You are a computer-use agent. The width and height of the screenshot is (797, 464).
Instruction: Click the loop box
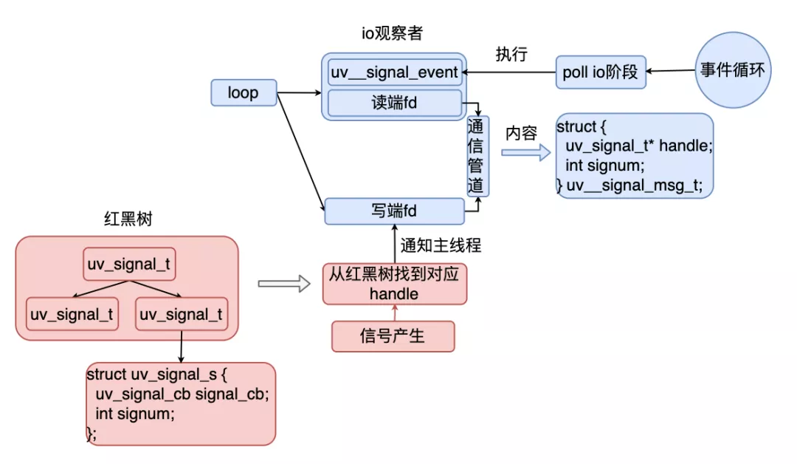244,92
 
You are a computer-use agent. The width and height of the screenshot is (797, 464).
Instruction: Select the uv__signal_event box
394,72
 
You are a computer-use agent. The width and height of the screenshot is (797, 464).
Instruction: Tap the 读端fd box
394,103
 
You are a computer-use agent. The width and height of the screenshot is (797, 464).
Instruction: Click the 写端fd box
394,211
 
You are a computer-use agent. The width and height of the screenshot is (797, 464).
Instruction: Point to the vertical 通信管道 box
477,156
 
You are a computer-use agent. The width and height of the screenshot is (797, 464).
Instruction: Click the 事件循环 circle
732,71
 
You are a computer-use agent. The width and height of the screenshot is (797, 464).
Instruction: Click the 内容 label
521,133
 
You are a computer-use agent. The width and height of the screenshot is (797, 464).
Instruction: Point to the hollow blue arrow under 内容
526,153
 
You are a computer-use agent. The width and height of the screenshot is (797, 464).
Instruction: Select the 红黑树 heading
128,219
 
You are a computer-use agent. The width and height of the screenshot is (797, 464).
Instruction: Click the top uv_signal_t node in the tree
130,265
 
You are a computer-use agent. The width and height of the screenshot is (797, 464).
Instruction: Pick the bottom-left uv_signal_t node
72,315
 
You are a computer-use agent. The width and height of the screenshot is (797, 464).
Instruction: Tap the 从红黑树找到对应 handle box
394,284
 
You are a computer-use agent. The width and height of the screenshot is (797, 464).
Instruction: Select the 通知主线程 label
441,246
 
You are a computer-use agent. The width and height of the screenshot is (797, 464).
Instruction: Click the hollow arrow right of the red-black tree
283,283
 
